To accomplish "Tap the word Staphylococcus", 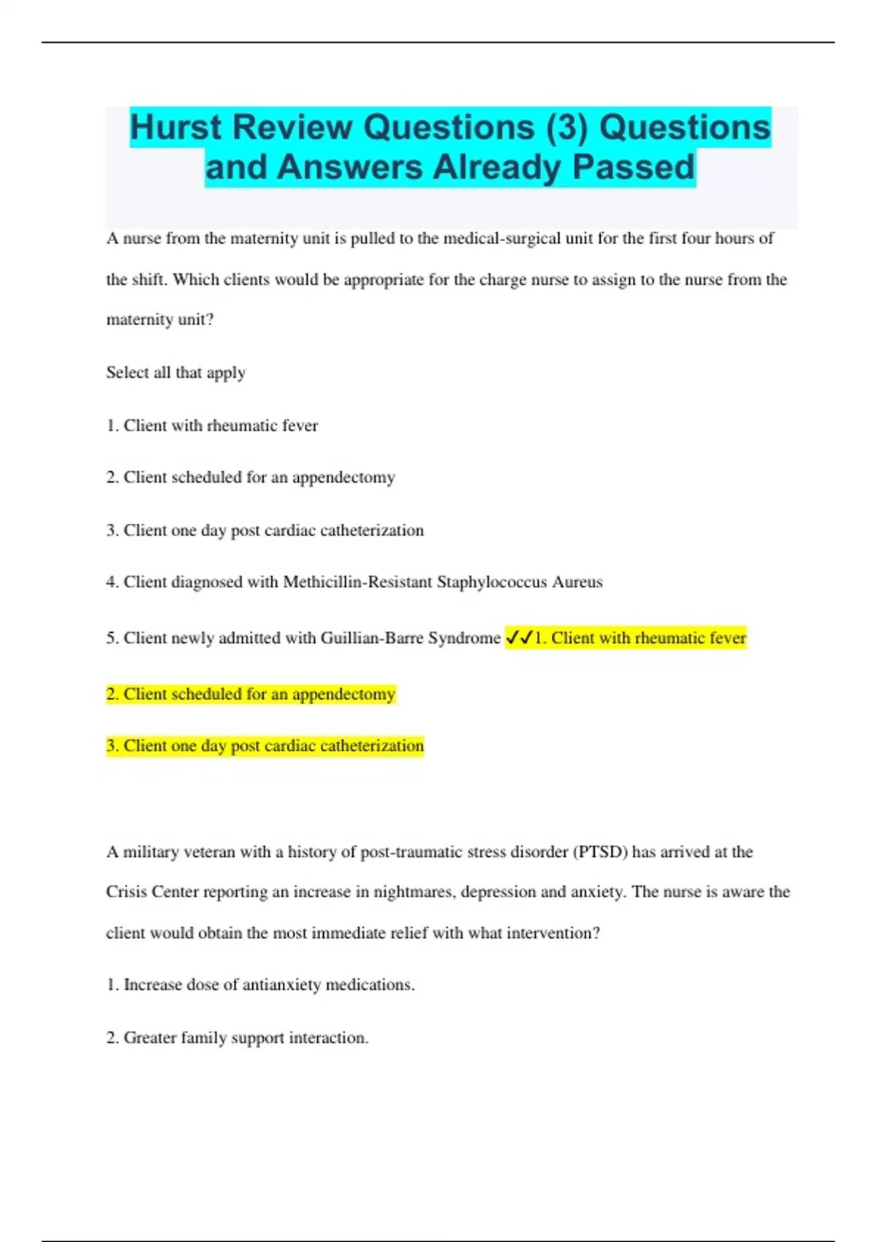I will click(x=492, y=582).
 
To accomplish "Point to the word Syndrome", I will click(x=464, y=638).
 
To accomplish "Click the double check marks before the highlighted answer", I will click(x=519, y=638).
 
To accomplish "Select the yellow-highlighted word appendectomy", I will click(x=343, y=694).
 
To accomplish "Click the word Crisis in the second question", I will click(x=126, y=892).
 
